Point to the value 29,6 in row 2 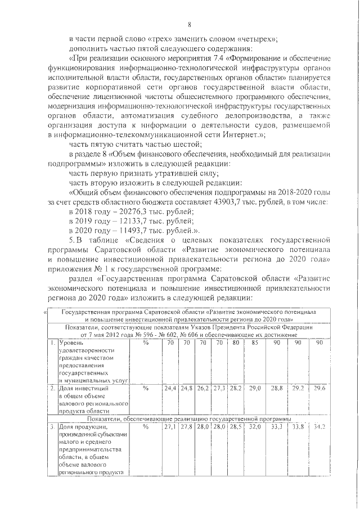[x=319, y=388]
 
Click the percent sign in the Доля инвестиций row [x=146, y=388]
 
